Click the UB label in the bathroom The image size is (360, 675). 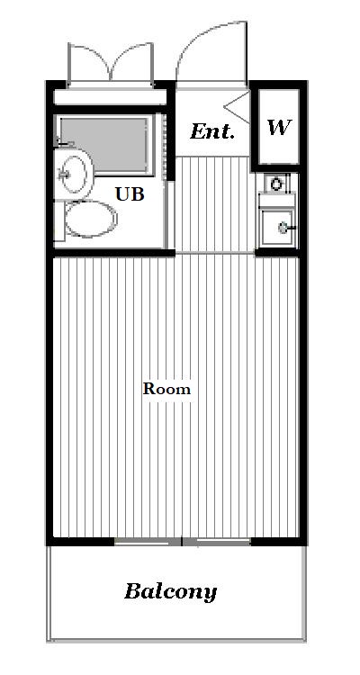click(x=130, y=194)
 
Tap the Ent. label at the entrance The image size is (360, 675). click(x=212, y=131)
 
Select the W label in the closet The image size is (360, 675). click(x=279, y=127)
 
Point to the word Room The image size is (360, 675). click(x=166, y=389)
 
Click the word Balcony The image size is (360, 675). click(x=170, y=592)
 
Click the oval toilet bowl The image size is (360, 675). click(x=91, y=219)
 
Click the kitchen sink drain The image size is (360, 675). click(x=283, y=228)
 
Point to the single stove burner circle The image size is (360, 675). click(x=275, y=184)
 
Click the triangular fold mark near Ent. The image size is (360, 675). click(x=236, y=107)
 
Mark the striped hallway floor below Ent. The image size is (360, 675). click(x=212, y=204)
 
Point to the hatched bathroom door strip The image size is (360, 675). click(x=164, y=148)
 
